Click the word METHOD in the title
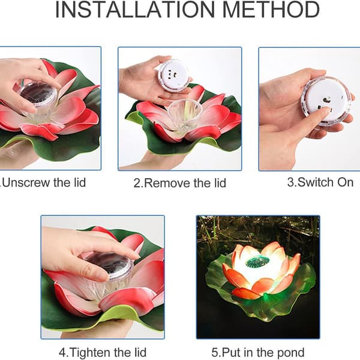[x=271, y=10]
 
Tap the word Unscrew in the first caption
[x=26, y=183]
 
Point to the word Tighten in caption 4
[x=90, y=352]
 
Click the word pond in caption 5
[x=291, y=352]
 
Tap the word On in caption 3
[x=345, y=182]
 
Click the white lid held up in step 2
[x=174, y=74]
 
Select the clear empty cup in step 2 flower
[x=184, y=114]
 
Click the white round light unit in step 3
[x=326, y=101]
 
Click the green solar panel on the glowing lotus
[x=257, y=261]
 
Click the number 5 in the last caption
[x=214, y=353]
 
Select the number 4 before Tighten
[x=62, y=353]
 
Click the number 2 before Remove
[x=137, y=184]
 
